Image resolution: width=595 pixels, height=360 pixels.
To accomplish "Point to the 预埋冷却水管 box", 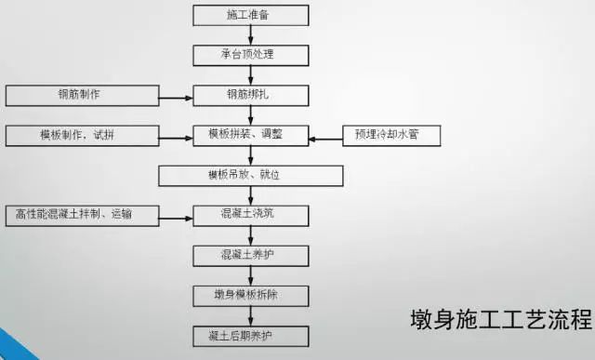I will coord(391,136).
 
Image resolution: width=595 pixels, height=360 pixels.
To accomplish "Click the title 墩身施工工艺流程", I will coord(500,321).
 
